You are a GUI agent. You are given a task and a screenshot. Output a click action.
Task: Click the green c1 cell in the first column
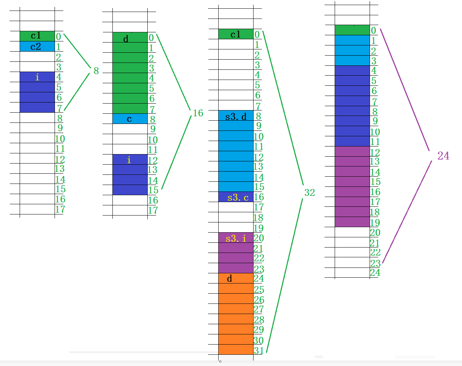37,36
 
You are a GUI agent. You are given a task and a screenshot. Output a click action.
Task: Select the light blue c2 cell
37,47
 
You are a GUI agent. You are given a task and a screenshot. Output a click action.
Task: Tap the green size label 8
96,71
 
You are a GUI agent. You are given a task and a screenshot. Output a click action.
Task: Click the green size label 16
198,113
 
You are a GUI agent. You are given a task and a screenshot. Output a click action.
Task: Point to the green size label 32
309,193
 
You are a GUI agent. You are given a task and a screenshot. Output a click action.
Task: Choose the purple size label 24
443,156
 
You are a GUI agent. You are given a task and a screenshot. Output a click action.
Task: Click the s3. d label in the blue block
236,117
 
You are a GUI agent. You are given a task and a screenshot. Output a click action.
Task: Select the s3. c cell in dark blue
236,197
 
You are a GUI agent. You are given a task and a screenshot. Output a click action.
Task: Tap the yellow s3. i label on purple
236,238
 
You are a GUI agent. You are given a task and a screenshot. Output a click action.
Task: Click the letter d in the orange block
230,279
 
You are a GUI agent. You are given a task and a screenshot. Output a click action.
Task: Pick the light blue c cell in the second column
130,119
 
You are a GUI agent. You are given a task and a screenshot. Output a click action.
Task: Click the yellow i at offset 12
129,160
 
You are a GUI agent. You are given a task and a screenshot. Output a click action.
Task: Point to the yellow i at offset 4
37,77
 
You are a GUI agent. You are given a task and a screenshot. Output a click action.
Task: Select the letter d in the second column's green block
126,39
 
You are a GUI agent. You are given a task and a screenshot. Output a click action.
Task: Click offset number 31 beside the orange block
259,351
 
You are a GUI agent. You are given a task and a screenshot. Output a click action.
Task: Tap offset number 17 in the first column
60,209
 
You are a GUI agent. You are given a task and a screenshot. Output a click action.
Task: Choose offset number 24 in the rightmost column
375,273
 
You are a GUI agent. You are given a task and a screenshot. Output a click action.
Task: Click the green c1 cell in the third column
236,34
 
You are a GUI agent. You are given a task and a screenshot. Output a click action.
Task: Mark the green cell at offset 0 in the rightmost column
352,30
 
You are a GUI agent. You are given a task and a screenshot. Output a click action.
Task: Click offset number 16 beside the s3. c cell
259,197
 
